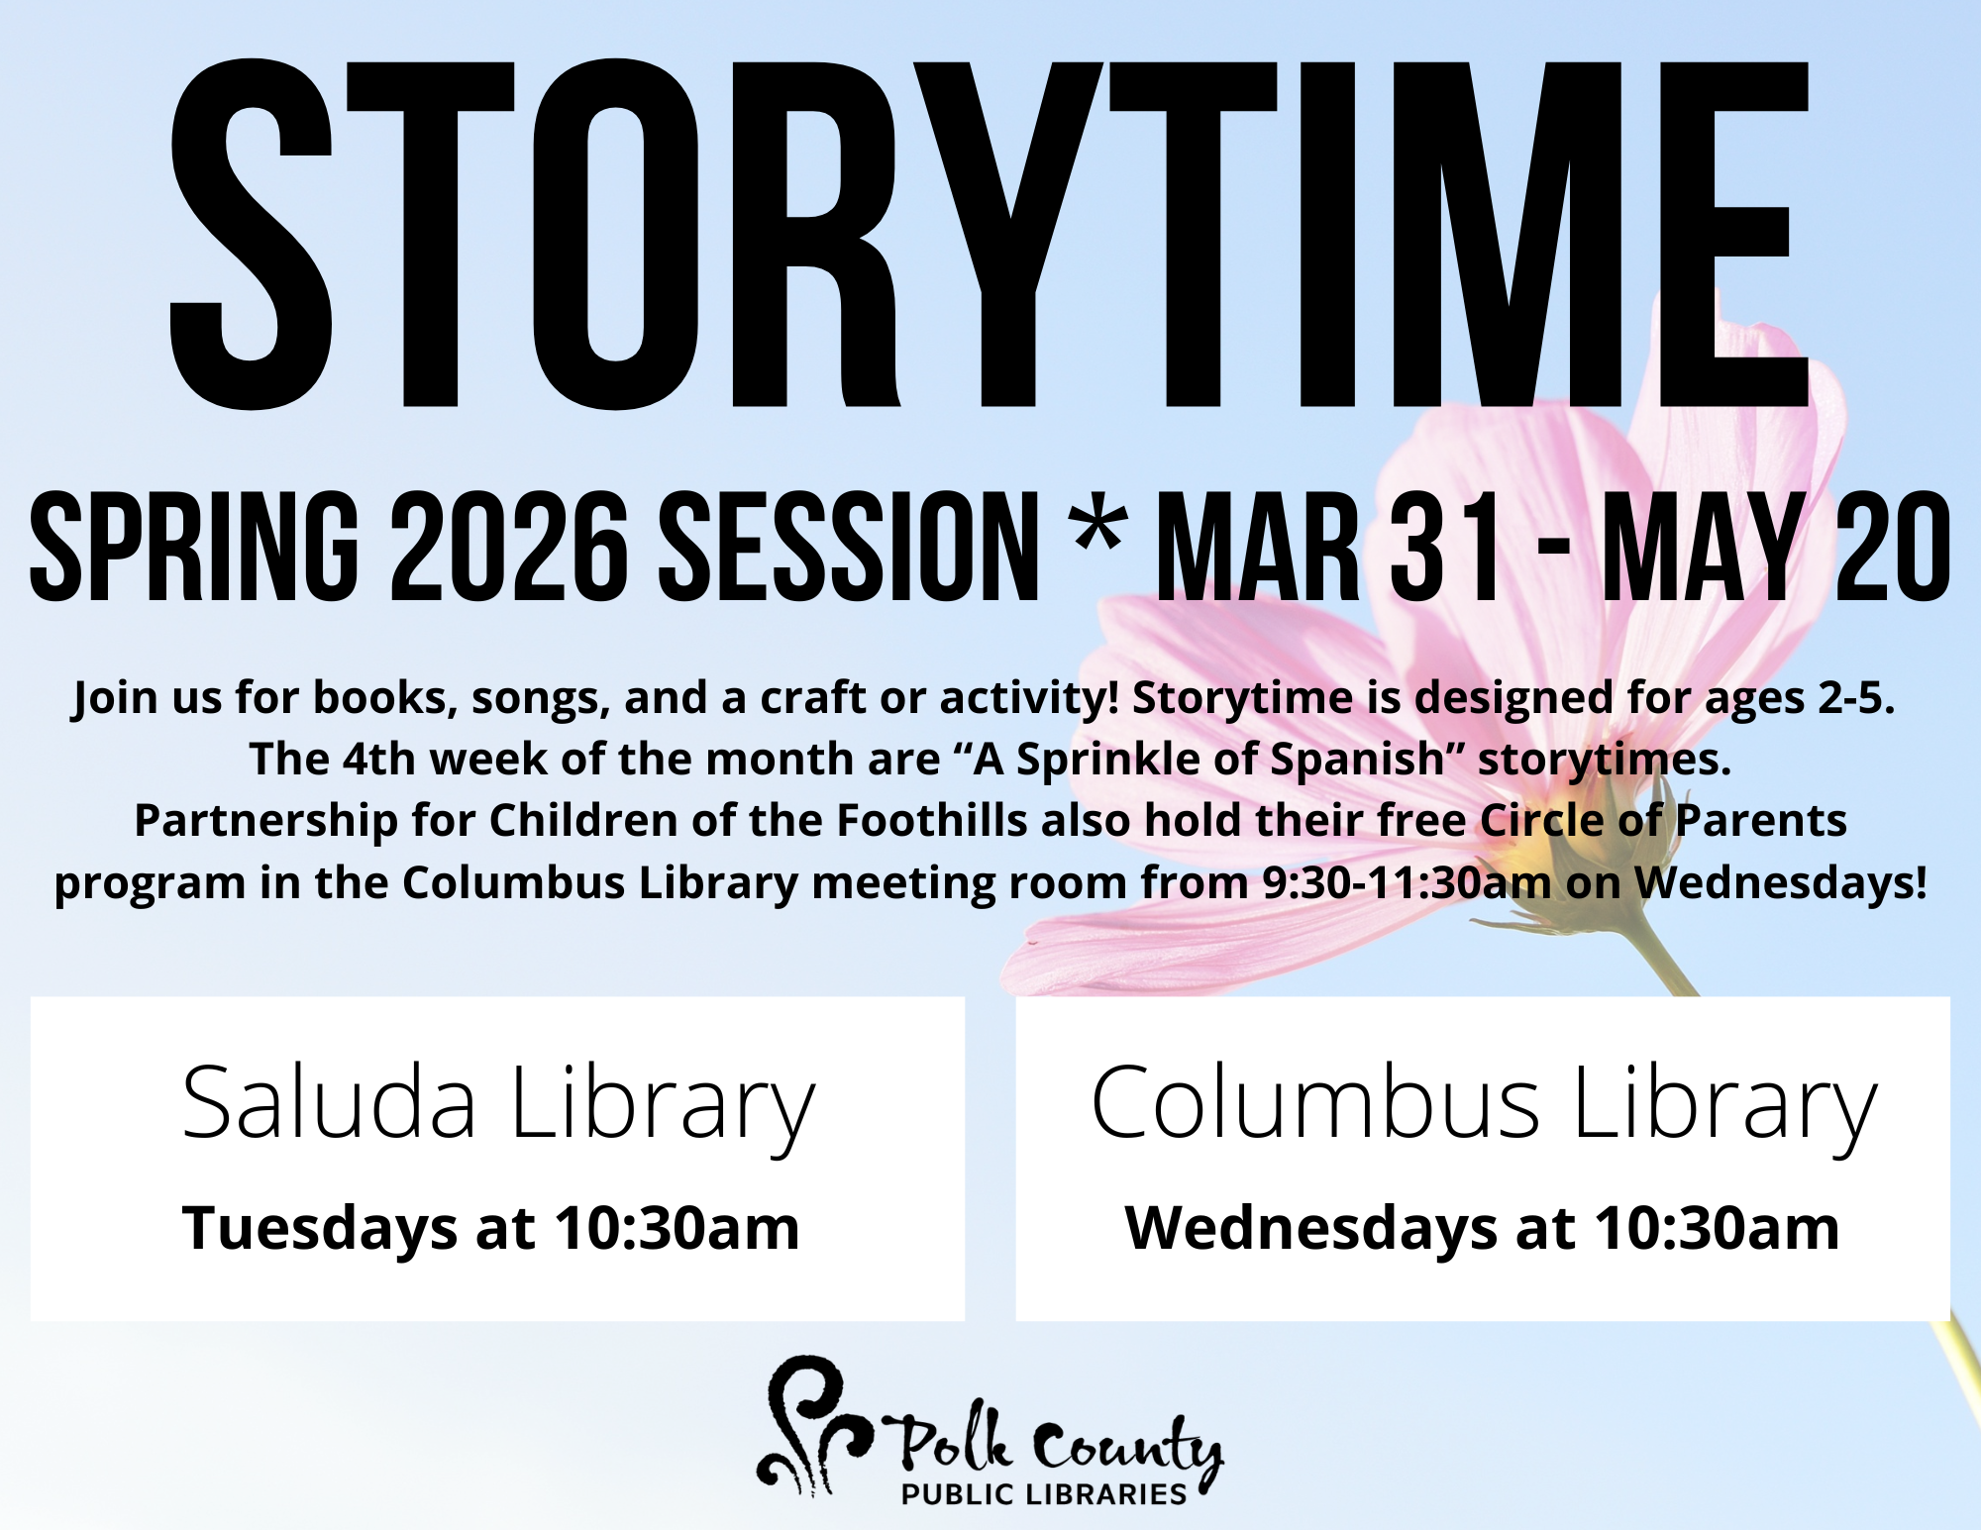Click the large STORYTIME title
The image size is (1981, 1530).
pyautogui.click(x=990, y=235)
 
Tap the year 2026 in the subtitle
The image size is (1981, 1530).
pyautogui.click(x=509, y=547)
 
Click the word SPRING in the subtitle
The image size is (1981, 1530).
pyautogui.click(x=194, y=547)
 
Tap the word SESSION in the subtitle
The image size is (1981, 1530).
pyautogui.click(x=849, y=547)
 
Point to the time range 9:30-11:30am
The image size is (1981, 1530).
pyautogui.click(x=1407, y=882)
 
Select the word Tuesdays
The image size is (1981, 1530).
pyautogui.click(x=319, y=1229)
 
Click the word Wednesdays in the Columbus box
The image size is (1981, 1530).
pyautogui.click(x=1310, y=1229)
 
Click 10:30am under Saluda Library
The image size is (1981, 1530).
pyautogui.click(x=677, y=1229)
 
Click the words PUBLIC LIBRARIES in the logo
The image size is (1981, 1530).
pyautogui.click(x=1044, y=1494)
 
